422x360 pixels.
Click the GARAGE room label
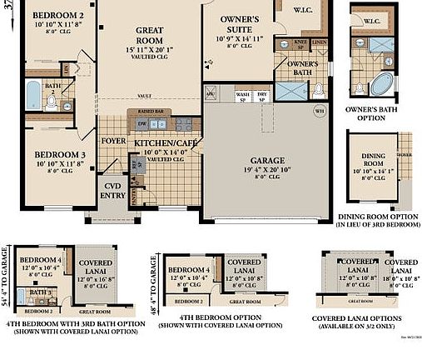pos(268,160)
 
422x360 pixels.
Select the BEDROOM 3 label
pos(58,156)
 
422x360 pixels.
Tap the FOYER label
pos(113,141)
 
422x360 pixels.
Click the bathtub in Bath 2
pos(32,96)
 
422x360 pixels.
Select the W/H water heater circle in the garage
pos(320,110)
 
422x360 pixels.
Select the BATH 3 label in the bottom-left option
pos(36,292)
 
